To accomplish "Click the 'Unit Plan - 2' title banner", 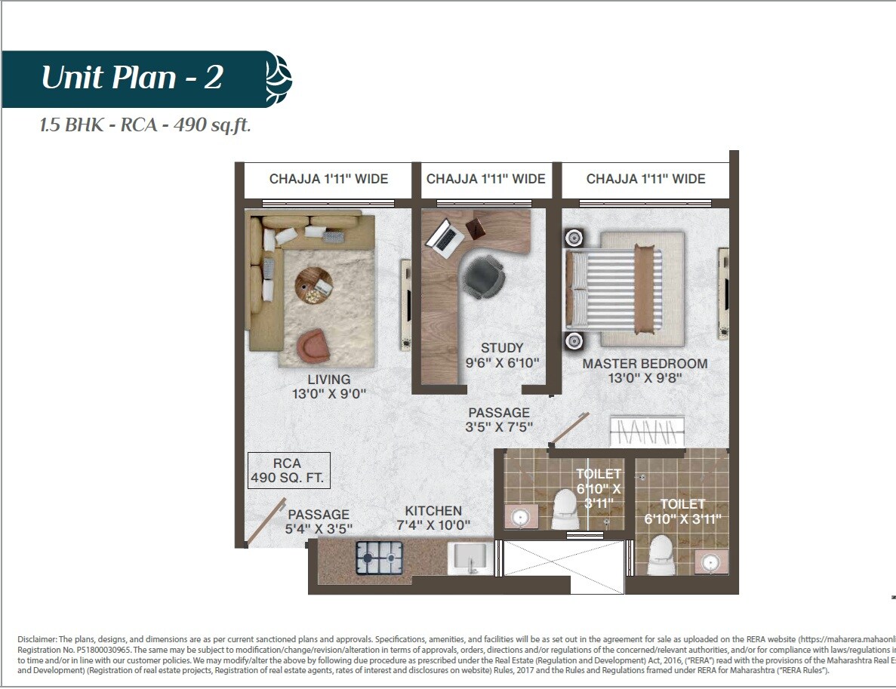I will [x=132, y=78].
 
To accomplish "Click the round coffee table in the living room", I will [x=313, y=285].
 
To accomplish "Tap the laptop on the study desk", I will [x=445, y=235].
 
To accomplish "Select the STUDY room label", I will [x=502, y=355].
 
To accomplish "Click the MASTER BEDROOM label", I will [x=645, y=371].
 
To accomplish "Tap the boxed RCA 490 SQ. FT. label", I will [x=289, y=470].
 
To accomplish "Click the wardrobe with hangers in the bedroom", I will [x=647, y=432].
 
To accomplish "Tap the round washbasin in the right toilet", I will [x=710, y=563].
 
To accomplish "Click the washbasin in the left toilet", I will [x=519, y=517].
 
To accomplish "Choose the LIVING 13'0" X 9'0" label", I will [x=328, y=386].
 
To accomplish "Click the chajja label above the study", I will [x=485, y=179].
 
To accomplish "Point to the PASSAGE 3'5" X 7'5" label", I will [x=499, y=420].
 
